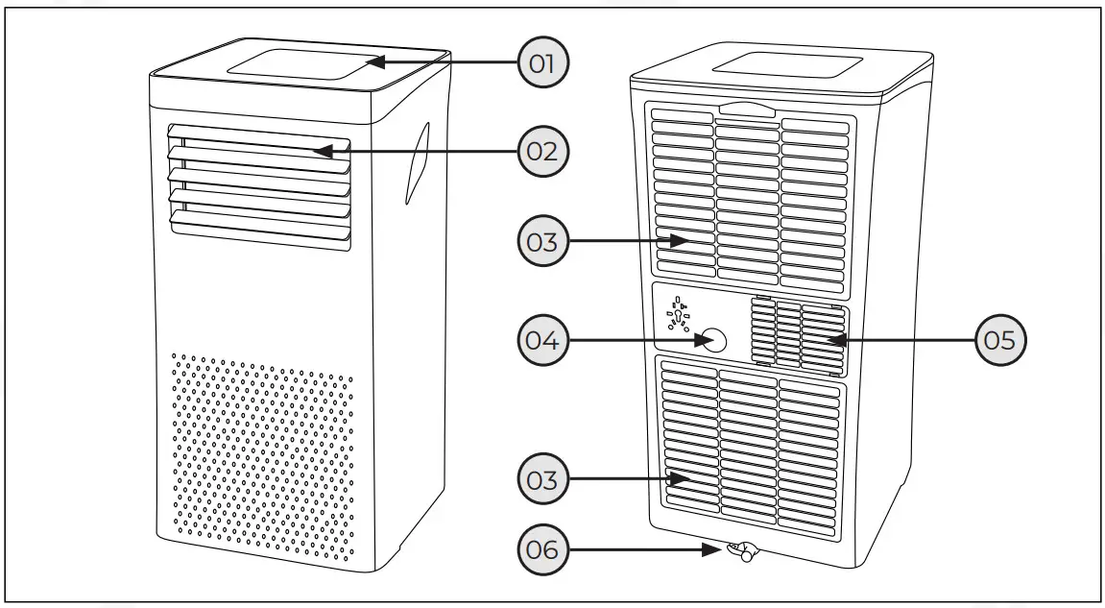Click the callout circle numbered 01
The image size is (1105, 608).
(x=542, y=63)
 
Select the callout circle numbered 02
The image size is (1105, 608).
(x=542, y=151)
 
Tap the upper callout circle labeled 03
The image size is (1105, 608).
(x=542, y=240)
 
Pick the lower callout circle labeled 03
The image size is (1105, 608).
(x=542, y=477)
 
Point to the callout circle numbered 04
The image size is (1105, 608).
(x=542, y=339)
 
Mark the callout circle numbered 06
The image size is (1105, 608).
(x=542, y=550)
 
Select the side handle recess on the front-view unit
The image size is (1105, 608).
(x=415, y=161)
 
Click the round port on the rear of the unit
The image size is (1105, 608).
(x=711, y=340)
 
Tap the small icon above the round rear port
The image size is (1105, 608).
(x=680, y=313)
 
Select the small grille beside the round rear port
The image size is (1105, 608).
(x=796, y=335)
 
